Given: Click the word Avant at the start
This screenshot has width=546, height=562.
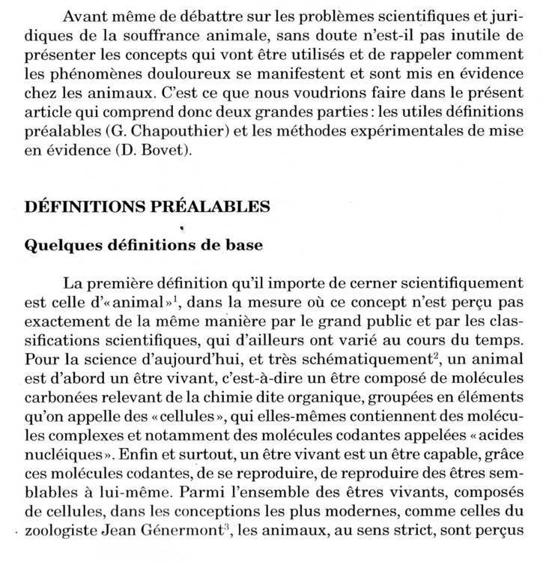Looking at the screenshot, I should pos(84,16).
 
